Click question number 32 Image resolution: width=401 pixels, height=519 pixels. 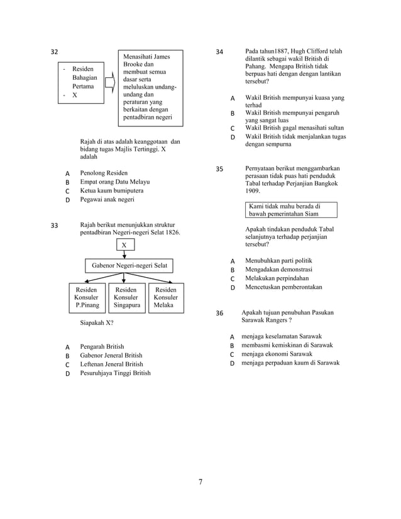pyautogui.click(x=55, y=52)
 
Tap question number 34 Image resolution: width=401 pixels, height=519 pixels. pyautogui.click(x=219, y=52)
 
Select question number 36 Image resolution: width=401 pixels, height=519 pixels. pyautogui.click(x=219, y=313)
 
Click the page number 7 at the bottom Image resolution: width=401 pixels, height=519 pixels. pyautogui.click(x=200, y=482)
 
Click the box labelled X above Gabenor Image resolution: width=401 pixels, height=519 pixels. pyautogui.click(x=124, y=245)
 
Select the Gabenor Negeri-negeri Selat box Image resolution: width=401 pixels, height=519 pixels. pyautogui.click(x=129, y=266)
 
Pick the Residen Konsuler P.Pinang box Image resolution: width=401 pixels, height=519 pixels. pyautogui.click(x=87, y=297)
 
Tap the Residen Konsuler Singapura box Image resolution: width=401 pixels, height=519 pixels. pyautogui.click(x=126, y=297)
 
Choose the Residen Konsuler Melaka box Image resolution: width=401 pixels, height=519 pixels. pyautogui.click(x=165, y=297)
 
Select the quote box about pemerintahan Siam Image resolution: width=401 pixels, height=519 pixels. pyautogui.click(x=291, y=210)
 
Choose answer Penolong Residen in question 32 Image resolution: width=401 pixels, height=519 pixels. pyautogui.click(x=104, y=173)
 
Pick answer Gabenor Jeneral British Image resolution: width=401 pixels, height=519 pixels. pyautogui.click(x=111, y=355)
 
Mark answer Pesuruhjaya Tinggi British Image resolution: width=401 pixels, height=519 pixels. pyautogui.click(x=116, y=373)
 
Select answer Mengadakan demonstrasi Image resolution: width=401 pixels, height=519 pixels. pyautogui.click(x=279, y=269)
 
